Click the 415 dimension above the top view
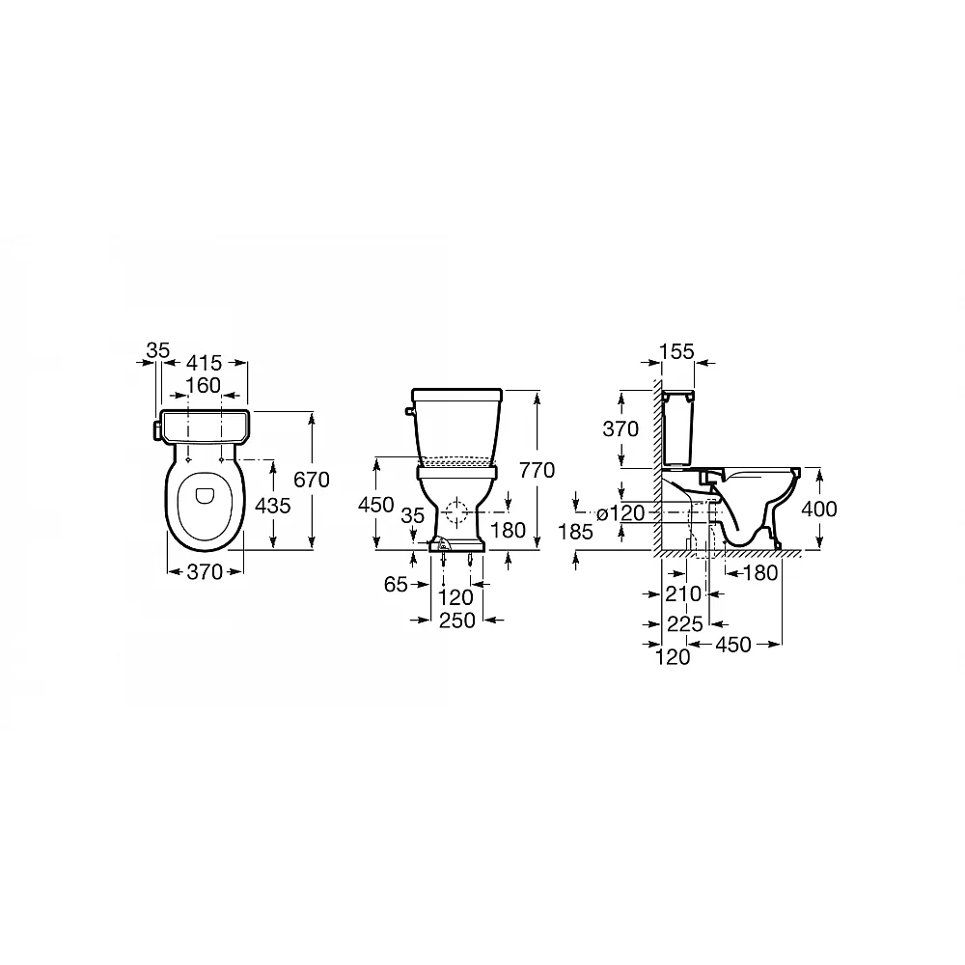[204, 363]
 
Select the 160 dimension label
[203, 385]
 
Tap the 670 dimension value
[312, 480]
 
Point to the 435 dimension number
[273, 506]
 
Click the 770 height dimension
[538, 470]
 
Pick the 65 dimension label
[396, 584]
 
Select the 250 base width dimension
[457, 620]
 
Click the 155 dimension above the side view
[677, 351]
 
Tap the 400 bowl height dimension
[819, 509]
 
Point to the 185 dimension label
[575, 531]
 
